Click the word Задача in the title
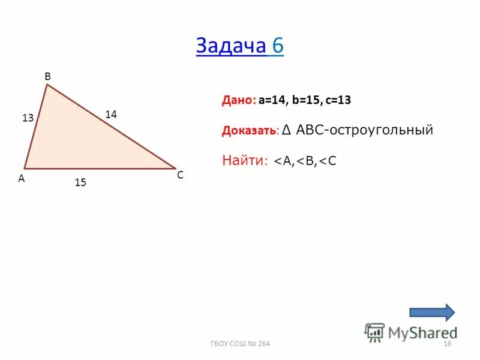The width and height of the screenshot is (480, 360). pyautogui.click(x=230, y=47)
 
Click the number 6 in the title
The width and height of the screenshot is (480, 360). pyautogui.click(x=277, y=47)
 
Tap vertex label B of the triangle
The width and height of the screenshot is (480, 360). pyautogui.click(x=47, y=76)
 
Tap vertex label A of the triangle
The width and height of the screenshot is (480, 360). pyautogui.click(x=21, y=178)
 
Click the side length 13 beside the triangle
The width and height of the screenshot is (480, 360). pyautogui.click(x=28, y=118)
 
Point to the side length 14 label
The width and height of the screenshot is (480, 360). pyautogui.click(x=111, y=113)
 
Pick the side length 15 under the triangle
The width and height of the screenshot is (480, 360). pyautogui.click(x=80, y=184)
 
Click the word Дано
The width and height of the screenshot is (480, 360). pyautogui.click(x=239, y=101)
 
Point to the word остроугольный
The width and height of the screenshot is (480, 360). pyautogui.click(x=391, y=130)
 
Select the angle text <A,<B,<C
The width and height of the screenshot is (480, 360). pyautogui.click(x=305, y=161)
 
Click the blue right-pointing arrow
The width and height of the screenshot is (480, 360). pyautogui.click(x=432, y=312)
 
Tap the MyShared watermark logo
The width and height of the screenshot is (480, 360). pyautogui.click(x=411, y=332)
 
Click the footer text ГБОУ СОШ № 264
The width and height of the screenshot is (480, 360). pyautogui.click(x=240, y=343)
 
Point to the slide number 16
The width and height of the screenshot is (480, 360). pyautogui.click(x=446, y=343)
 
